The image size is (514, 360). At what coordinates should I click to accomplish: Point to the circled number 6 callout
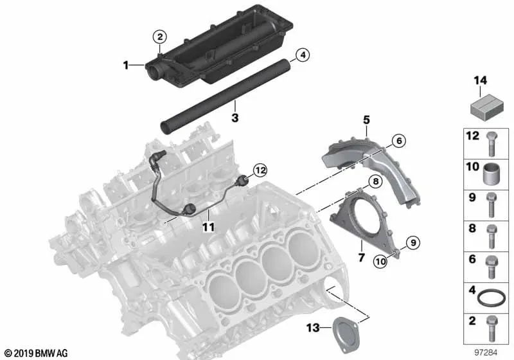pos(398,141)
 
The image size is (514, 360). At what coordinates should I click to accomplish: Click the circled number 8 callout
pos(373,183)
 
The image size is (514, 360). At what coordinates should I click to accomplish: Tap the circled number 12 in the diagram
pos(260,171)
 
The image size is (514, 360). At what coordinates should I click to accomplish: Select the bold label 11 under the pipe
pos(208,227)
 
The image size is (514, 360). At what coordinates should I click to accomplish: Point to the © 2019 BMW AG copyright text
pos(35,353)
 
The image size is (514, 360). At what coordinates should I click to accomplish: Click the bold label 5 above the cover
pos(366,120)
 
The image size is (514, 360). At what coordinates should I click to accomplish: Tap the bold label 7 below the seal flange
pos(361,258)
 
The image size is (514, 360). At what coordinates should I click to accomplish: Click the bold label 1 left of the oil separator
pos(127,64)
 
